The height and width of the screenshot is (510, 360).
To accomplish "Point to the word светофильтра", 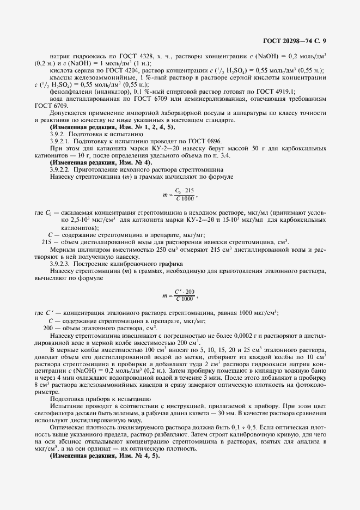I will coord(51,412).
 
